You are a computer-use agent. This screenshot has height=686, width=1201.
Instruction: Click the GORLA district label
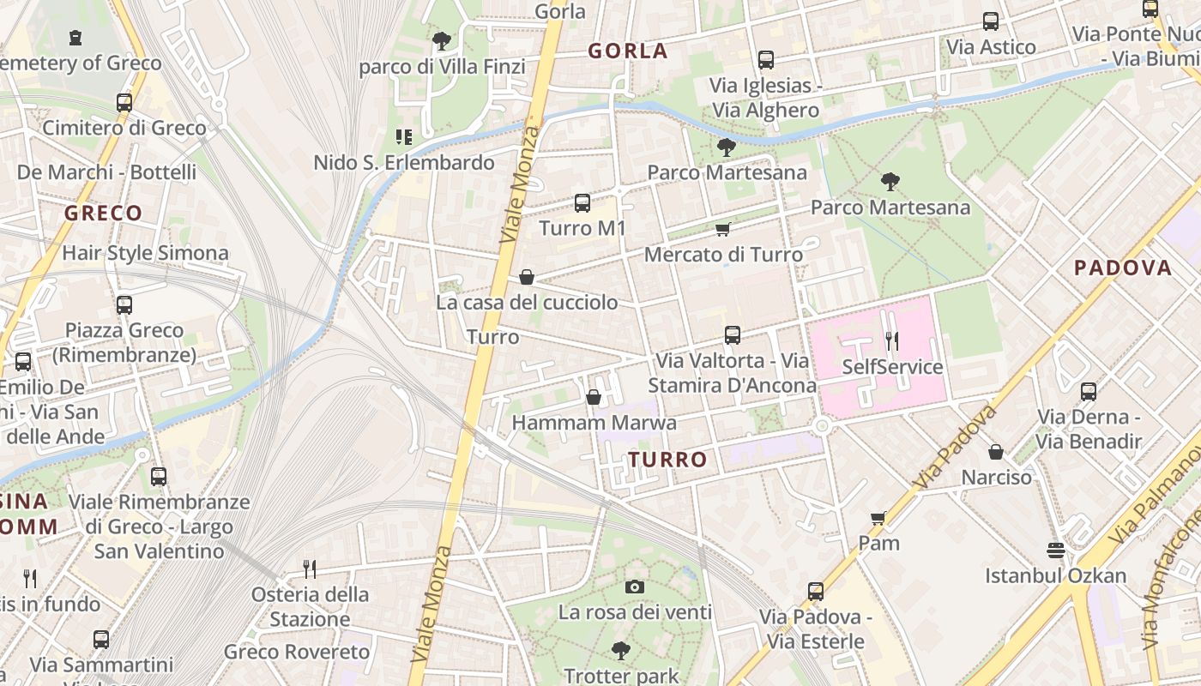[x=628, y=51]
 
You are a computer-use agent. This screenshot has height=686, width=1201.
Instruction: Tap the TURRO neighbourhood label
[x=668, y=460]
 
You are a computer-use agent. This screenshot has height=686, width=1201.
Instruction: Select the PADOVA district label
[x=1123, y=268]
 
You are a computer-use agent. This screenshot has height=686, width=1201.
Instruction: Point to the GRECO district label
[x=103, y=213]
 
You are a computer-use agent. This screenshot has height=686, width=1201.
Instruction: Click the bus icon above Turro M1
[x=582, y=203]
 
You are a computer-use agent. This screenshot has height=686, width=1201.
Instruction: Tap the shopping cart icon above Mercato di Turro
[x=722, y=229]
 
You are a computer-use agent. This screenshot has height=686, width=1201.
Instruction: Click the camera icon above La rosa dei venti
[x=635, y=587]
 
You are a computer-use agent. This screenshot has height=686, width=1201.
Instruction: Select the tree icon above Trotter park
[x=621, y=651]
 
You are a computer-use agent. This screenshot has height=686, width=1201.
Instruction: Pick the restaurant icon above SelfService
[x=892, y=341]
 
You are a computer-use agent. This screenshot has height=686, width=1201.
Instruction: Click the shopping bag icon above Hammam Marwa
[x=593, y=397]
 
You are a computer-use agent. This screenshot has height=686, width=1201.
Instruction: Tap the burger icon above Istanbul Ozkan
[x=1055, y=550]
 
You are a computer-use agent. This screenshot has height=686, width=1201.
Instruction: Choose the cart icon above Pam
[x=878, y=518]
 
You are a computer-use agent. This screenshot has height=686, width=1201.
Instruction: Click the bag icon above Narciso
[x=996, y=451]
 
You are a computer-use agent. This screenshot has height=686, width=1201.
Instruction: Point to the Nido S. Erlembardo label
[x=404, y=162]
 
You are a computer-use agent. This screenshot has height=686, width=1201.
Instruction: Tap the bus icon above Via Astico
[x=991, y=21]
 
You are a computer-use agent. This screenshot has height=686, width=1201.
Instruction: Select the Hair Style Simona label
[x=145, y=253]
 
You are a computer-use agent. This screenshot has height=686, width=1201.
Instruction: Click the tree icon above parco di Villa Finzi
[x=442, y=40]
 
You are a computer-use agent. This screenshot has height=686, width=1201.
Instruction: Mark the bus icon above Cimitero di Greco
[x=124, y=103]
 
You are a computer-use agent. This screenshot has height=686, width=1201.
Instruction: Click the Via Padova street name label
[x=955, y=448]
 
